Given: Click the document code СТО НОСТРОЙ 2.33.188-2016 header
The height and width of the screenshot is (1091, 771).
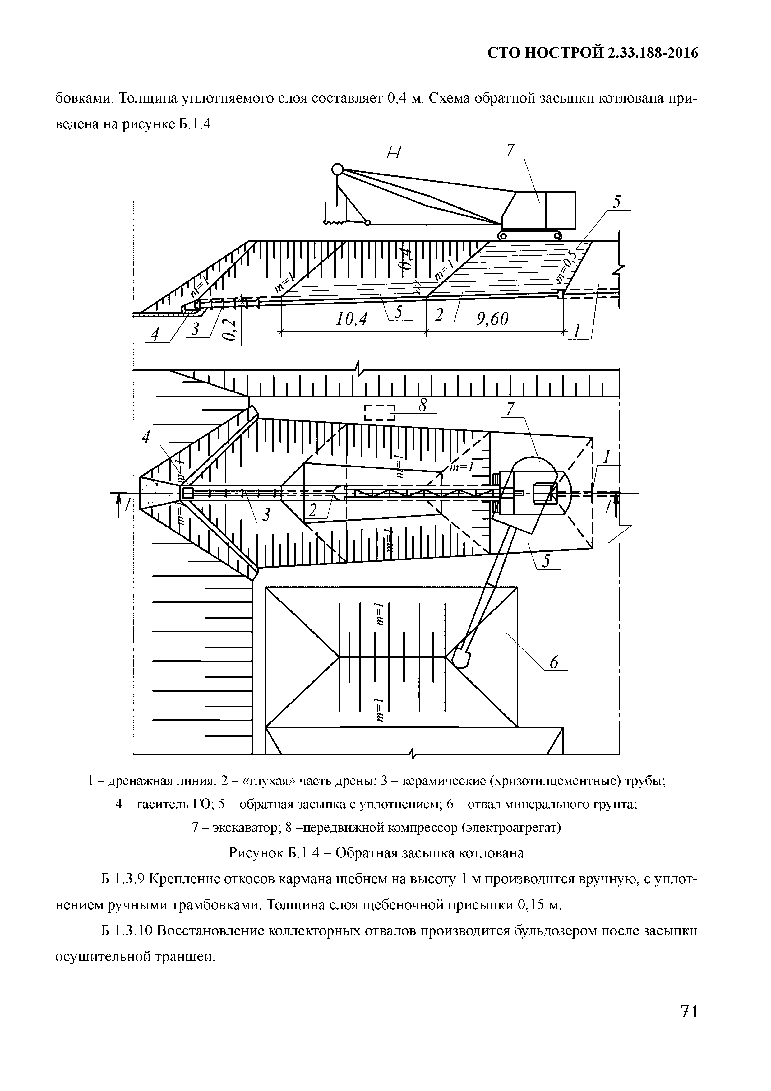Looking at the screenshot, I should pos(593,53).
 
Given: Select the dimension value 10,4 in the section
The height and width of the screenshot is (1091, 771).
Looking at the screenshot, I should pos(352,319).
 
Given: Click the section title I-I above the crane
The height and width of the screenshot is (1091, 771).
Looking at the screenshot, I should pos(394,154).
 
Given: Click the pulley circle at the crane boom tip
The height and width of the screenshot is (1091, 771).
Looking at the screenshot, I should pos(337,169).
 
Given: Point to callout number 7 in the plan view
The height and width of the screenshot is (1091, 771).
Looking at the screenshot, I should pos(511,409).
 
